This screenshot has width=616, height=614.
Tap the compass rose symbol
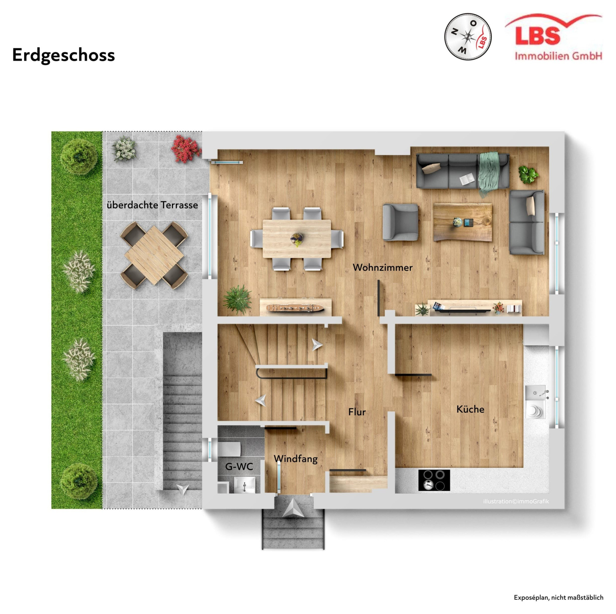[468, 37]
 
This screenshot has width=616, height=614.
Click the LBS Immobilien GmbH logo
[553, 37]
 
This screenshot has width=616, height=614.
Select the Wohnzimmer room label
[382, 268]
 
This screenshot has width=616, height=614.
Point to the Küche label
[470, 409]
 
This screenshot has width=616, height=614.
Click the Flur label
[357, 412]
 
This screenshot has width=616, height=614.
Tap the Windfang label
[296, 459]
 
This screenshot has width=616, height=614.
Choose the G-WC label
[239, 467]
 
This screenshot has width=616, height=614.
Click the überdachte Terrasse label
[152, 205]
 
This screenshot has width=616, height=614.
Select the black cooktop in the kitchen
[434, 480]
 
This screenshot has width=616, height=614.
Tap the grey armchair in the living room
[400, 222]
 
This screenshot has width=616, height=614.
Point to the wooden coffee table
[463, 222]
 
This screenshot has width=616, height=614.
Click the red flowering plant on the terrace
[186, 149]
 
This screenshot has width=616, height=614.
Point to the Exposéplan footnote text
[558, 597]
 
